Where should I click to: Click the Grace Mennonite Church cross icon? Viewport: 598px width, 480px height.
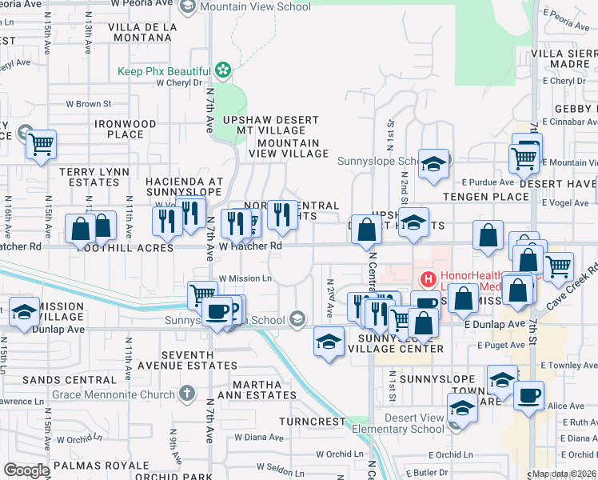186,394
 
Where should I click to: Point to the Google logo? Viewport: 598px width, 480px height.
26,470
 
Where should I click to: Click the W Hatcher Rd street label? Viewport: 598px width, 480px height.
250,246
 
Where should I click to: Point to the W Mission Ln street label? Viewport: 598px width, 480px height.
245,278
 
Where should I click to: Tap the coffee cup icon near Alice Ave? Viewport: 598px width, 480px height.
528,395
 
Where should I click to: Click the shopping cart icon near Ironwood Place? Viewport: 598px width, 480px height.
40,146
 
